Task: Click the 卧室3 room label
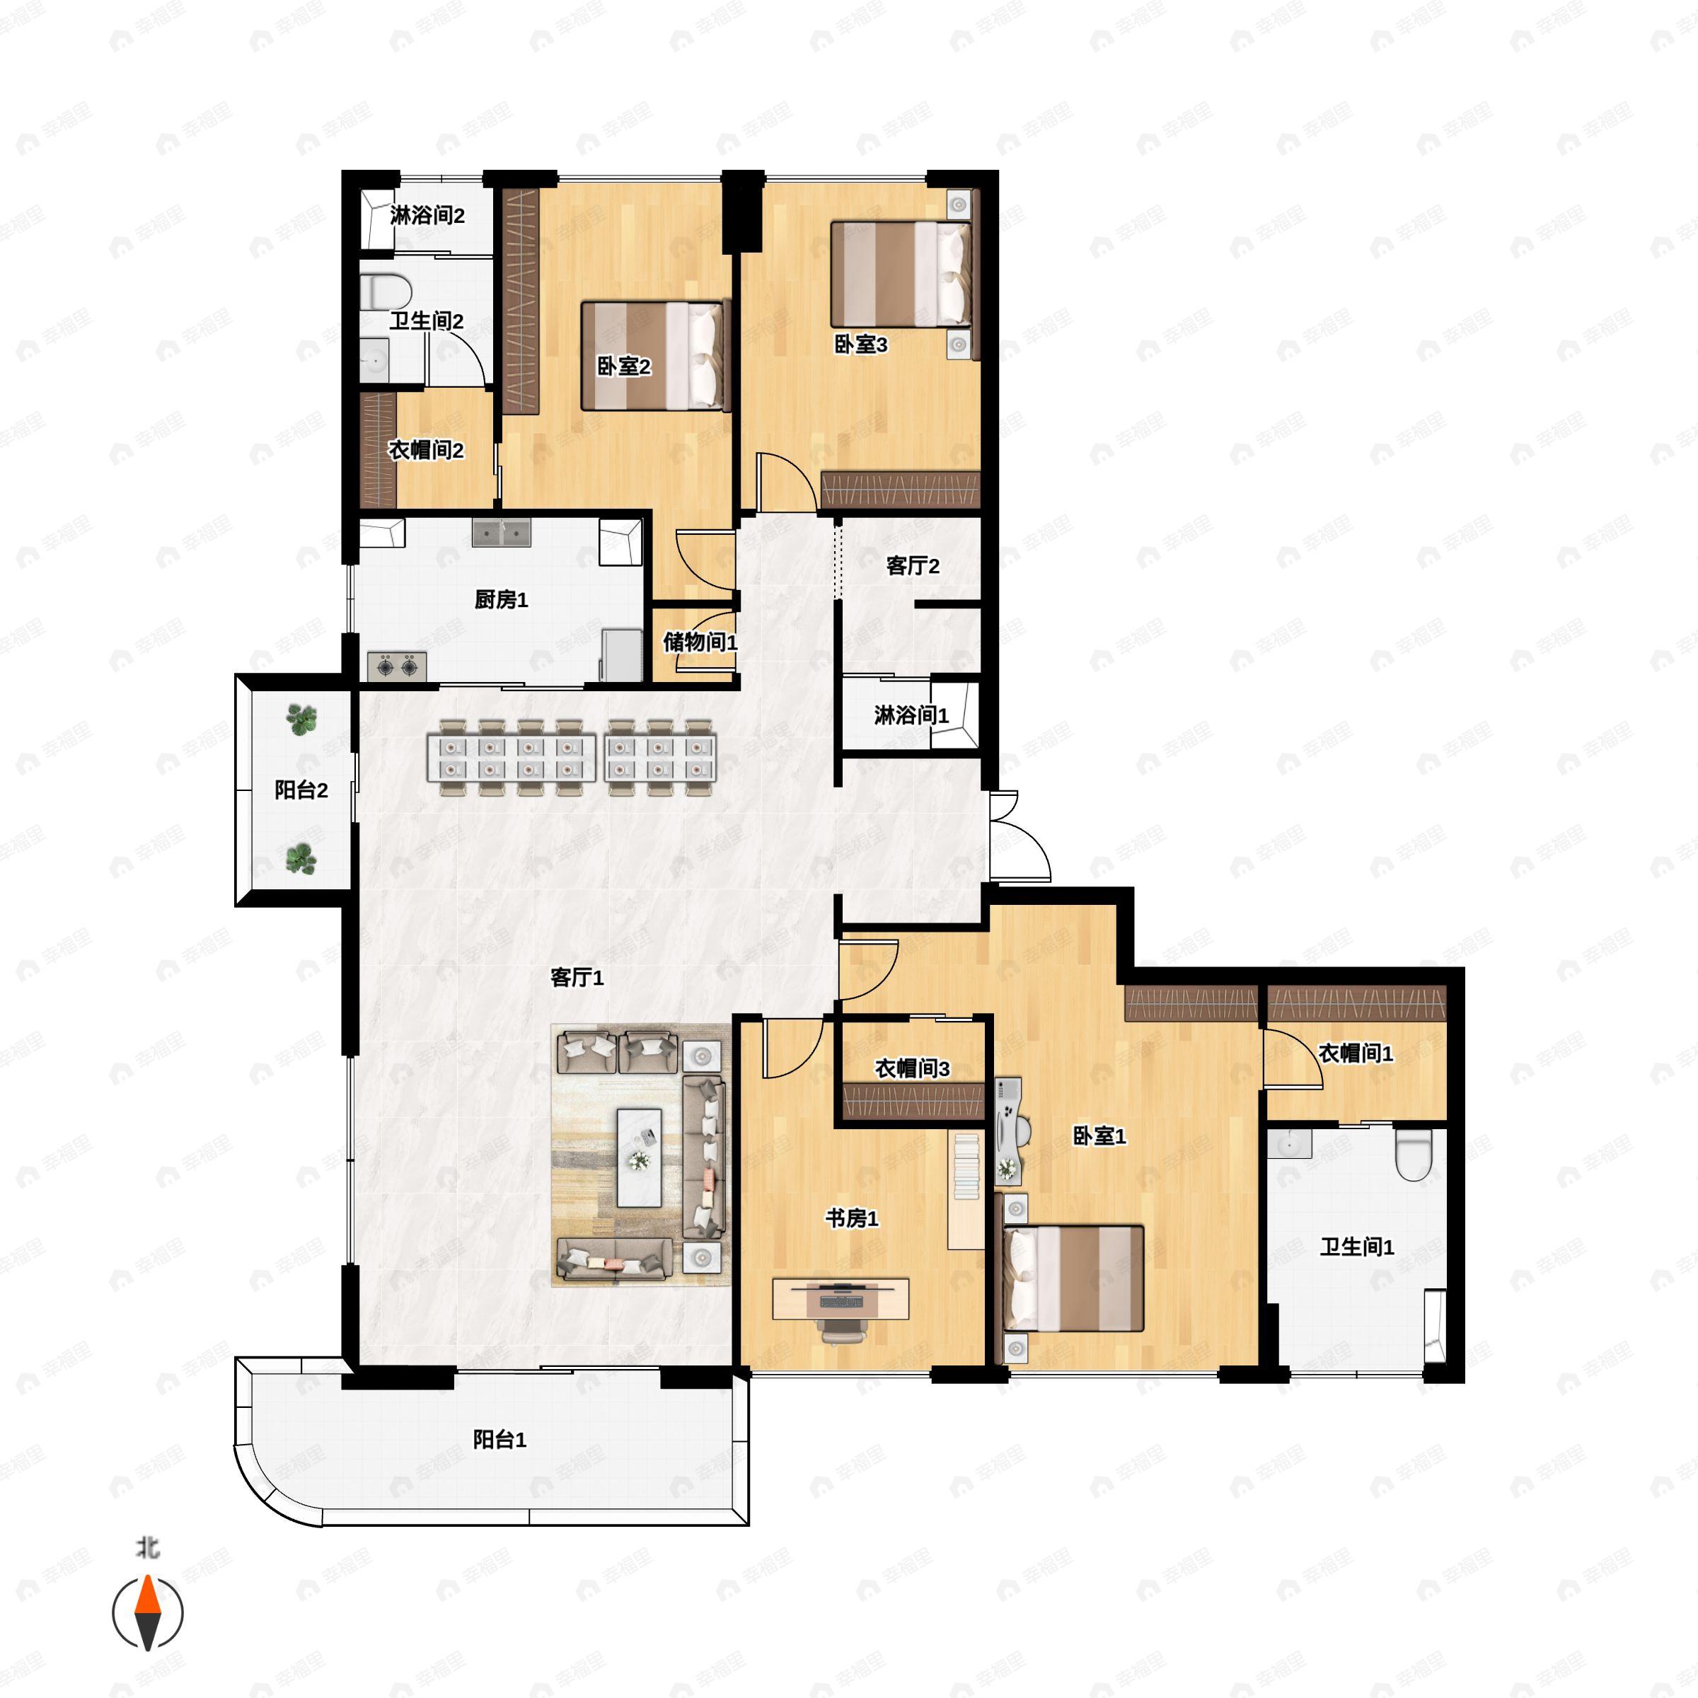[x=860, y=345]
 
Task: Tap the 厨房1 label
[x=501, y=599]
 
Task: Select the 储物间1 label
[x=700, y=642]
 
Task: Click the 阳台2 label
[x=301, y=790]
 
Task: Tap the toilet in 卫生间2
[x=385, y=291]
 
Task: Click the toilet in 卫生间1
[x=1414, y=1153]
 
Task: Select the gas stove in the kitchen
[x=397, y=667]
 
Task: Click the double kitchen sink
[x=501, y=533]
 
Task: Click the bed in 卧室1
[x=1074, y=1278]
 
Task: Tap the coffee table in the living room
[x=639, y=1157]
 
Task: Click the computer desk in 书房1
[x=841, y=1299]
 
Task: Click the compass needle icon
[x=148, y=1614]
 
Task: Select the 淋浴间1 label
[x=911, y=715]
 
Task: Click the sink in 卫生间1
[x=1289, y=1143]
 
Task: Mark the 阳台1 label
[x=499, y=1440]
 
